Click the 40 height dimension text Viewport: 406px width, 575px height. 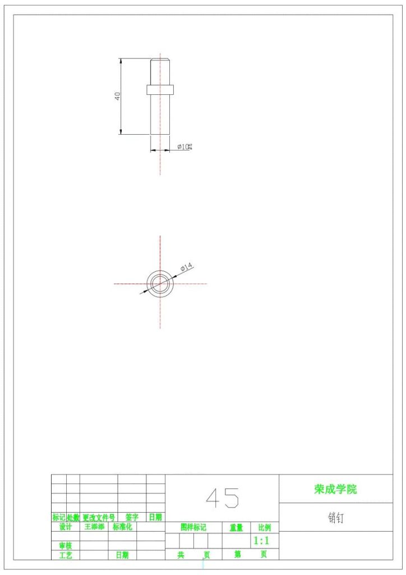point(118,96)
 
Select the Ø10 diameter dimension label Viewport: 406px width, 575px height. point(184,147)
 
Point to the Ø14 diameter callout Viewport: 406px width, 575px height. point(187,266)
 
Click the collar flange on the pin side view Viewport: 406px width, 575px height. point(160,89)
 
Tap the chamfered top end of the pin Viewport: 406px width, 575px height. point(160,60)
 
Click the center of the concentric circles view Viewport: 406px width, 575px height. point(160,284)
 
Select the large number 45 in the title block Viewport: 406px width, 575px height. point(222,498)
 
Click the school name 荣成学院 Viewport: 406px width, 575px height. point(335,489)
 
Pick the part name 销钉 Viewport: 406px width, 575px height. point(336,518)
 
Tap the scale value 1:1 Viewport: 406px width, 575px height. point(262,541)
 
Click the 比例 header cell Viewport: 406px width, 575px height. point(264,528)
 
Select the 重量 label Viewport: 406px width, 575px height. point(236,528)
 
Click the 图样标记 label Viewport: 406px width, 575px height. point(193,528)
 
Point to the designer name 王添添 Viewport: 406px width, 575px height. point(94,527)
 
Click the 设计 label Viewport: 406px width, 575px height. point(66,527)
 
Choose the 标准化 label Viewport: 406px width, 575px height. point(122,527)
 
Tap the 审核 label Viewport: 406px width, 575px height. point(66,545)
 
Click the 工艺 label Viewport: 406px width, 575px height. point(66,555)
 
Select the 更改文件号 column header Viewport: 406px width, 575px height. point(99,517)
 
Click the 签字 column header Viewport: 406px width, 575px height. point(132,517)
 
